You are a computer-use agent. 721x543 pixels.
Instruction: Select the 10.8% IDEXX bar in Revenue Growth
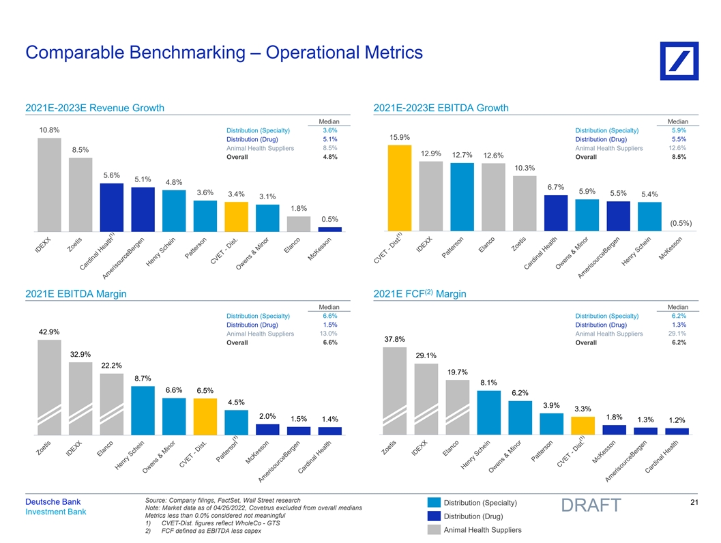49,184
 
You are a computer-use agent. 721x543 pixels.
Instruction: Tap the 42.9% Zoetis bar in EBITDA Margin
49,386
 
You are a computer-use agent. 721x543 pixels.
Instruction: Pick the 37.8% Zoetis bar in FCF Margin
394,390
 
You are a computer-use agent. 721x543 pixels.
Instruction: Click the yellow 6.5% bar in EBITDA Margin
205,416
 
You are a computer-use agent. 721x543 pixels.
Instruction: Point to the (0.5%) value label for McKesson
681,222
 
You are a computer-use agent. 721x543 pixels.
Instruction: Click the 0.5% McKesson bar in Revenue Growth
329,229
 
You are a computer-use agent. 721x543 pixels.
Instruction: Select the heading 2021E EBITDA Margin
76,294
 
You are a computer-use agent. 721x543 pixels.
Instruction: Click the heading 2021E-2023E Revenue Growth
94,108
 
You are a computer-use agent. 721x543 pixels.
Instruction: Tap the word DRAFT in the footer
591,505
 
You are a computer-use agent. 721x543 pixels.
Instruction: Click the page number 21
695,503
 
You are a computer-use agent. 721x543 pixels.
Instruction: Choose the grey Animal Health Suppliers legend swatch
435,529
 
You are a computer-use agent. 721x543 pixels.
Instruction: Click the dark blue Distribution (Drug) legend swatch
435,516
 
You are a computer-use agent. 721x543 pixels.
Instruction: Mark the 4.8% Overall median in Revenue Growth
329,157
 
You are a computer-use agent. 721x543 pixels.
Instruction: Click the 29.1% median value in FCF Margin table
678,334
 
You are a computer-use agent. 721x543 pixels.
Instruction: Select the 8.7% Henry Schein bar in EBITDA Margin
143,410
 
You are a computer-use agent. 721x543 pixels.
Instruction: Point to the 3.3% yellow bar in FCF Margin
582,426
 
